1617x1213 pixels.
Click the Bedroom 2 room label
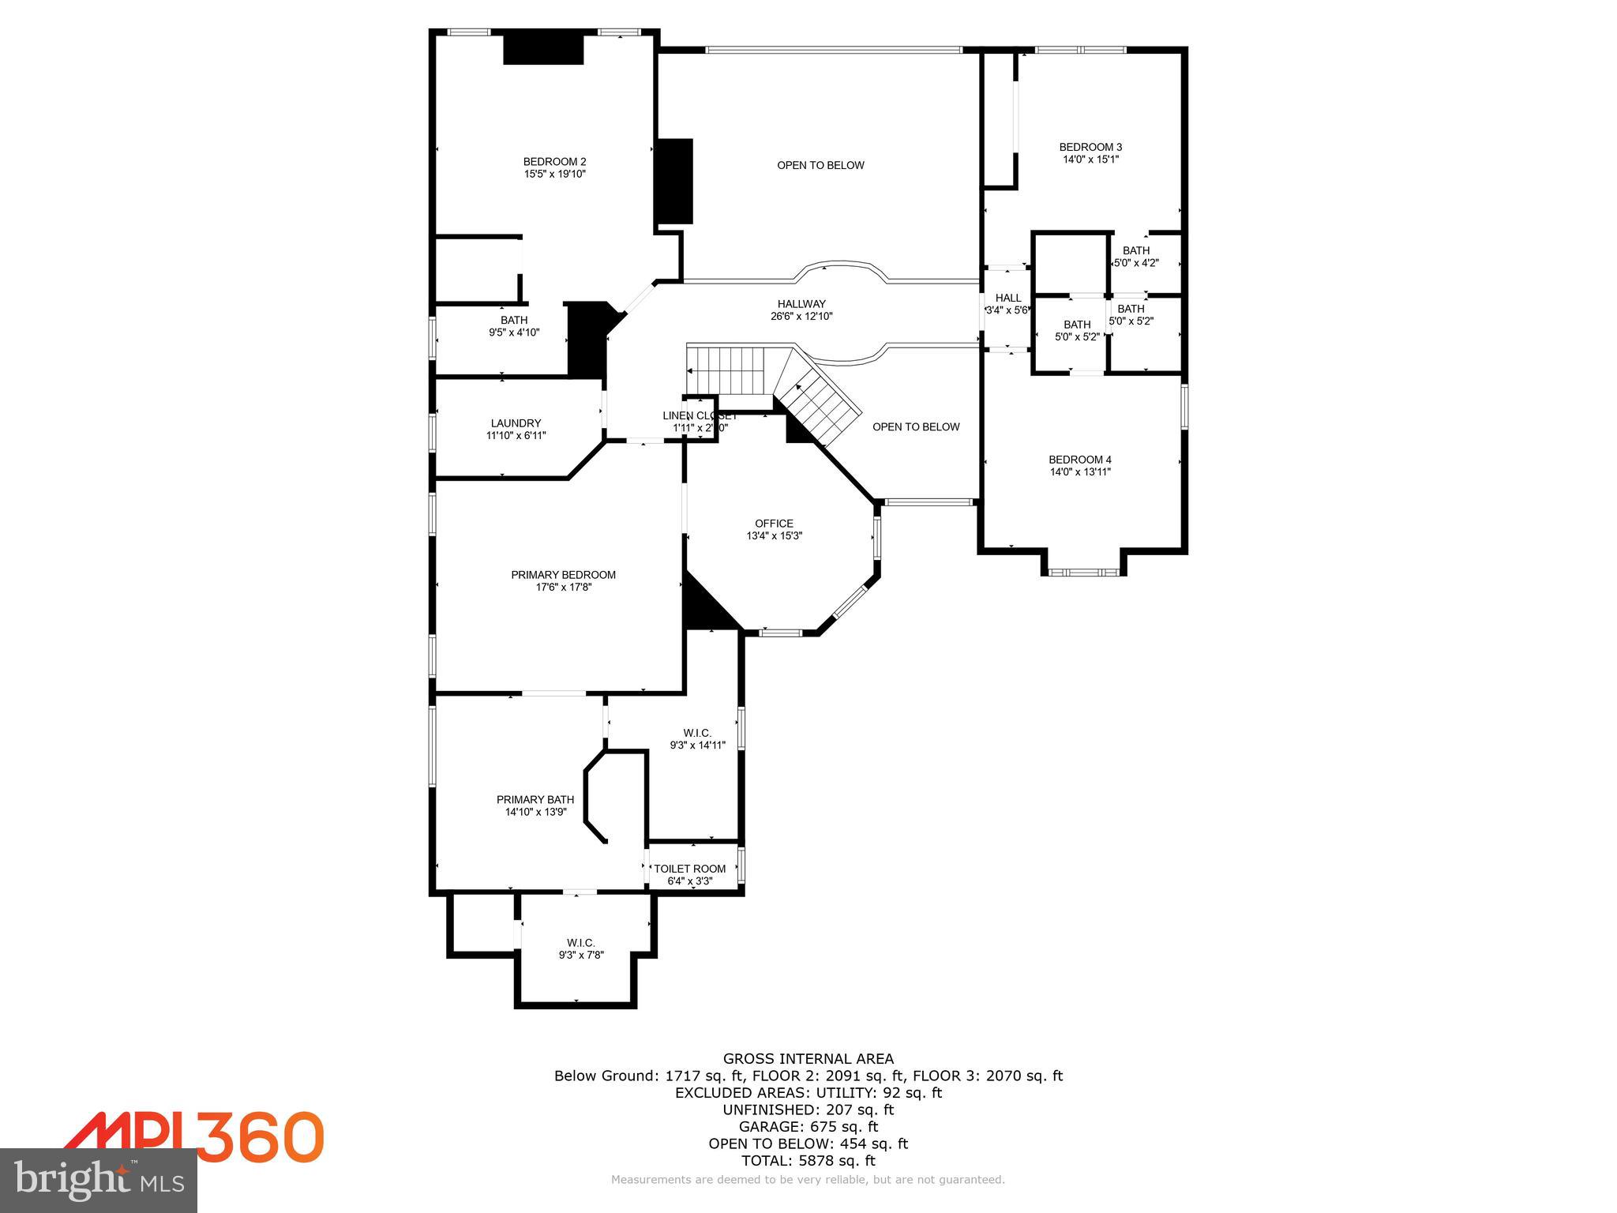(x=554, y=162)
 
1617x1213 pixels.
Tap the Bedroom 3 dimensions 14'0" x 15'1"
(x=1090, y=159)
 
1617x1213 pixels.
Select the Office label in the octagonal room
(x=774, y=524)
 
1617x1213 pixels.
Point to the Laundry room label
(x=516, y=423)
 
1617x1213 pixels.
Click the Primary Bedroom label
(x=563, y=575)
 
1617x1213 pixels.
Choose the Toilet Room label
(x=689, y=869)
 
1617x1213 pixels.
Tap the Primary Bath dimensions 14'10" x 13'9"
(x=536, y=812)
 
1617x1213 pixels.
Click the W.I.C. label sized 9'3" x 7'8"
(x=580, y=943)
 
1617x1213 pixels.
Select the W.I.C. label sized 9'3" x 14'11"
(x=697, y=733)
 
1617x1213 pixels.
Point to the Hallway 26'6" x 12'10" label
(x=801, y=304)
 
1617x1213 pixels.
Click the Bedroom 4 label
(x=1079, y=460)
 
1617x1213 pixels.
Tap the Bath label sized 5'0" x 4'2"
(x=1136, y=251)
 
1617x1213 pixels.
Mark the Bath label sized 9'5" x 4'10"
(x=514, y=320)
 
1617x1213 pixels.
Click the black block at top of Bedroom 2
(x=543, y=49)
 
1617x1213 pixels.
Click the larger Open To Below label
(x=820, y=165)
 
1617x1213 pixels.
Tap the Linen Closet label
(x=699, y=415)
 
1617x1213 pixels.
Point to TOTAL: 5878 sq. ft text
(x=808, y=1160)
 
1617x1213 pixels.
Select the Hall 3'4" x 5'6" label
(x=1007, y=298)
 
